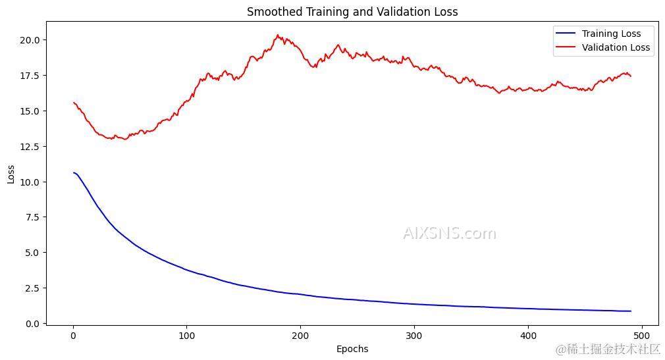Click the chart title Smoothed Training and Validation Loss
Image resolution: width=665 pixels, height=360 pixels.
pyautogui.click(x=352, y=12)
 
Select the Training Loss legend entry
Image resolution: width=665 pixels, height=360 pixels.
pyautogui.click(x=611, y=34)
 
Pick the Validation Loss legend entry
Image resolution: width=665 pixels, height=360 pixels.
pyautogui.click(x=616, y=47)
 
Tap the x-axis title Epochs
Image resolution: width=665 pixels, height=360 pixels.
pyautogui.click(x=352, y=349)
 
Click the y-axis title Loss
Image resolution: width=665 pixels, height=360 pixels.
pyautogui.click(x=11, y=173)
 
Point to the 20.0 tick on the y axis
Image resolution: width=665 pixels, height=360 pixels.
pyautogui.click(x=29, y=40)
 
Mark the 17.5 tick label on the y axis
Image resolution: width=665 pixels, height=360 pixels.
pyautogui.click(x=29, y=76)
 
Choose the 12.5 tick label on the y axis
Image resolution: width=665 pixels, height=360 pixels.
pyautogui.click(x=29, y=147)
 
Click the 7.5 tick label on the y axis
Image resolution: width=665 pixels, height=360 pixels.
pyautogui.click(x=32, y=218)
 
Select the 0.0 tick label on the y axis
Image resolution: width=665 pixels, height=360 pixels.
pyautogui.click(x=32, y=324)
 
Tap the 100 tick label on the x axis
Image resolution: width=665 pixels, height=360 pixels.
pyautogui.click(x=186, y=336)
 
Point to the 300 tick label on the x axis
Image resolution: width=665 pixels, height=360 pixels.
pyautogui.click(x=414, y=336)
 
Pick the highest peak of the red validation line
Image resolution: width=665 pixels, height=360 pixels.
pyautogui.click(x=278, y=35)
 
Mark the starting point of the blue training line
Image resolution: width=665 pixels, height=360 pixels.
pyautogui.click(x=73, y=172)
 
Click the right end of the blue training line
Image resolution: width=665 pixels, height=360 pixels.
pyautogui.click(x=631, y=311)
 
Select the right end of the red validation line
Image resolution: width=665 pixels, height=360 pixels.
pyautogui.click(x=631, y=76)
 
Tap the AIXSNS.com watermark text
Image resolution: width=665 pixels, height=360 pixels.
pyautogui.click(x=449, y=234)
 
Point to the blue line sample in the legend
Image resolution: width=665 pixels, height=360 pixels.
pyautogui.click(x=566, y=34)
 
